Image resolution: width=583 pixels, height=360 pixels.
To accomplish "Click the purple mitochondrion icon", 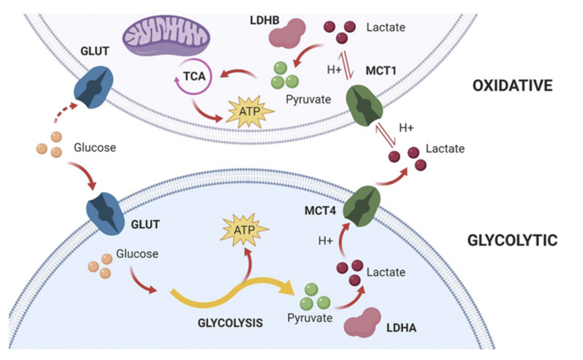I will coord(166,36).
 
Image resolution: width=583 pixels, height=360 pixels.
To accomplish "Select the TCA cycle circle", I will coord(194,77).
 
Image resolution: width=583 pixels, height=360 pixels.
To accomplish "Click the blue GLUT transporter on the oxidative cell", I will coord(93,87).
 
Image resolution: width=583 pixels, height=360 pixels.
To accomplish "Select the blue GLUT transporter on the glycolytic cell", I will coord(105,214).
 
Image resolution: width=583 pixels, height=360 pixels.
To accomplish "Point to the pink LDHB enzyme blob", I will coord(287,33).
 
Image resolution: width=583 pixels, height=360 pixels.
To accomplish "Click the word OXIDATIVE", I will coord(512,86).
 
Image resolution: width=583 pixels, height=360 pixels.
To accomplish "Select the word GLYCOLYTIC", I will coord(512,240).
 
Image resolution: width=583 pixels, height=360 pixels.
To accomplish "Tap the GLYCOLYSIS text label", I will coord(230,323).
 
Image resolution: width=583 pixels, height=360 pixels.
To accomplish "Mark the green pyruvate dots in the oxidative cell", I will coord(284,75).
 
